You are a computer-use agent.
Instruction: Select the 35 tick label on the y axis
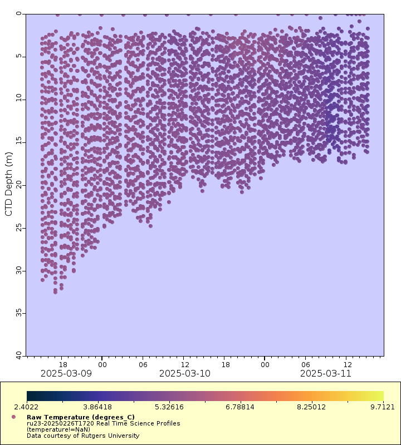tap(19, 313)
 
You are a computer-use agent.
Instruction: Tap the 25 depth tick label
tap(19, 228)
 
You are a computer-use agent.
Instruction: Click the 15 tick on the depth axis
tap(19, 142)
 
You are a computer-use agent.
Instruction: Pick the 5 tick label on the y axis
tap(19, 56)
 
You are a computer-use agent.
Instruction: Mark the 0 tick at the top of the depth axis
tap(19, 14)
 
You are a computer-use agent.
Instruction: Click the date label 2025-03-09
tap(66, 373)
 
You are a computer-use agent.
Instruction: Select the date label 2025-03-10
tap(185, 373)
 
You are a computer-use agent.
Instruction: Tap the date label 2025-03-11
tap(326, 373)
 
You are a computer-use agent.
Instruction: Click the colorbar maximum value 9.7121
tap(382, 407)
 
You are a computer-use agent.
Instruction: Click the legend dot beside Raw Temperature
tap(13, 417)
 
